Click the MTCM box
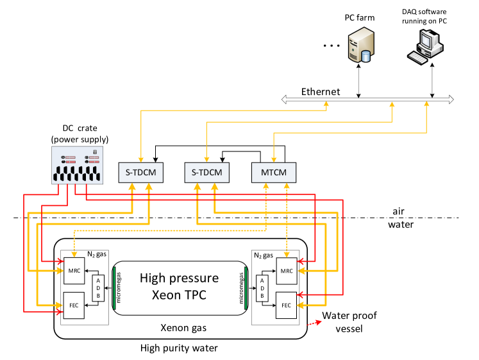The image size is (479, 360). [274, 173]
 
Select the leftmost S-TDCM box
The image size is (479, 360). [141, 173]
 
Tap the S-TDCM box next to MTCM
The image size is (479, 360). [207, 173]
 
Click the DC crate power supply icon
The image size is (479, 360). [78, 165]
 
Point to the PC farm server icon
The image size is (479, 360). [362, 45]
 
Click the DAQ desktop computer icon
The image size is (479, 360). [425, 47]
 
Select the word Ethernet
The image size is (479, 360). [321, 92]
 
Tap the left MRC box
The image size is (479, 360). [74, 271]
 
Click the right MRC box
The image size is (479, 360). [287, 271]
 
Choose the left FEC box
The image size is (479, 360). [74, 305]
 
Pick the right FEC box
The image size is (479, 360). [286, 305]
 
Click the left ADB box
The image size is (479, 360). [98, 288]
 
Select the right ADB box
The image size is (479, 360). [262, 289]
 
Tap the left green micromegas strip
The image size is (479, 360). [114, 288]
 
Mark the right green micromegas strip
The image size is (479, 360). [246, 288]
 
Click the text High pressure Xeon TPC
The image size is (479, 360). [180, 286]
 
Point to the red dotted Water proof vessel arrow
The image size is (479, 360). [314, 323]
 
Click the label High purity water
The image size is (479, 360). [179, 348]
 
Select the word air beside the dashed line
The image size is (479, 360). [398, 211]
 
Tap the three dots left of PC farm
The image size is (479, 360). [332, 46]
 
